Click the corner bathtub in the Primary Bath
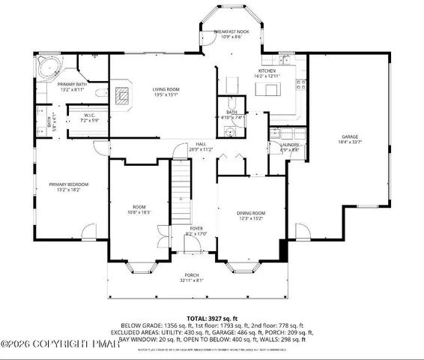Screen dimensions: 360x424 [49, 67]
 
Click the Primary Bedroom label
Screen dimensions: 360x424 [68, 184]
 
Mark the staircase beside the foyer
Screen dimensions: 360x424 [180, 191]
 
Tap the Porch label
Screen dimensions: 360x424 [191, 277]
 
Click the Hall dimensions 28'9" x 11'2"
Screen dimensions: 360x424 [201, 149]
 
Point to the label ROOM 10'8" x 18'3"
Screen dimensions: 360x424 [140, 210]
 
